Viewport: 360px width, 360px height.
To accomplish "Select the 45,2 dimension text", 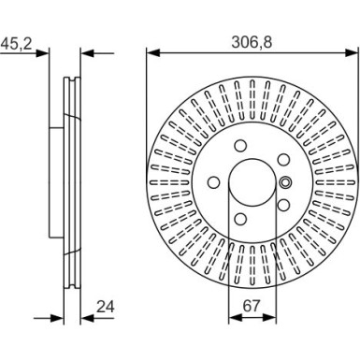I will point(16,40).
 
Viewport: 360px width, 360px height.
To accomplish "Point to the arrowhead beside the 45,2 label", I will point(44,54).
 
